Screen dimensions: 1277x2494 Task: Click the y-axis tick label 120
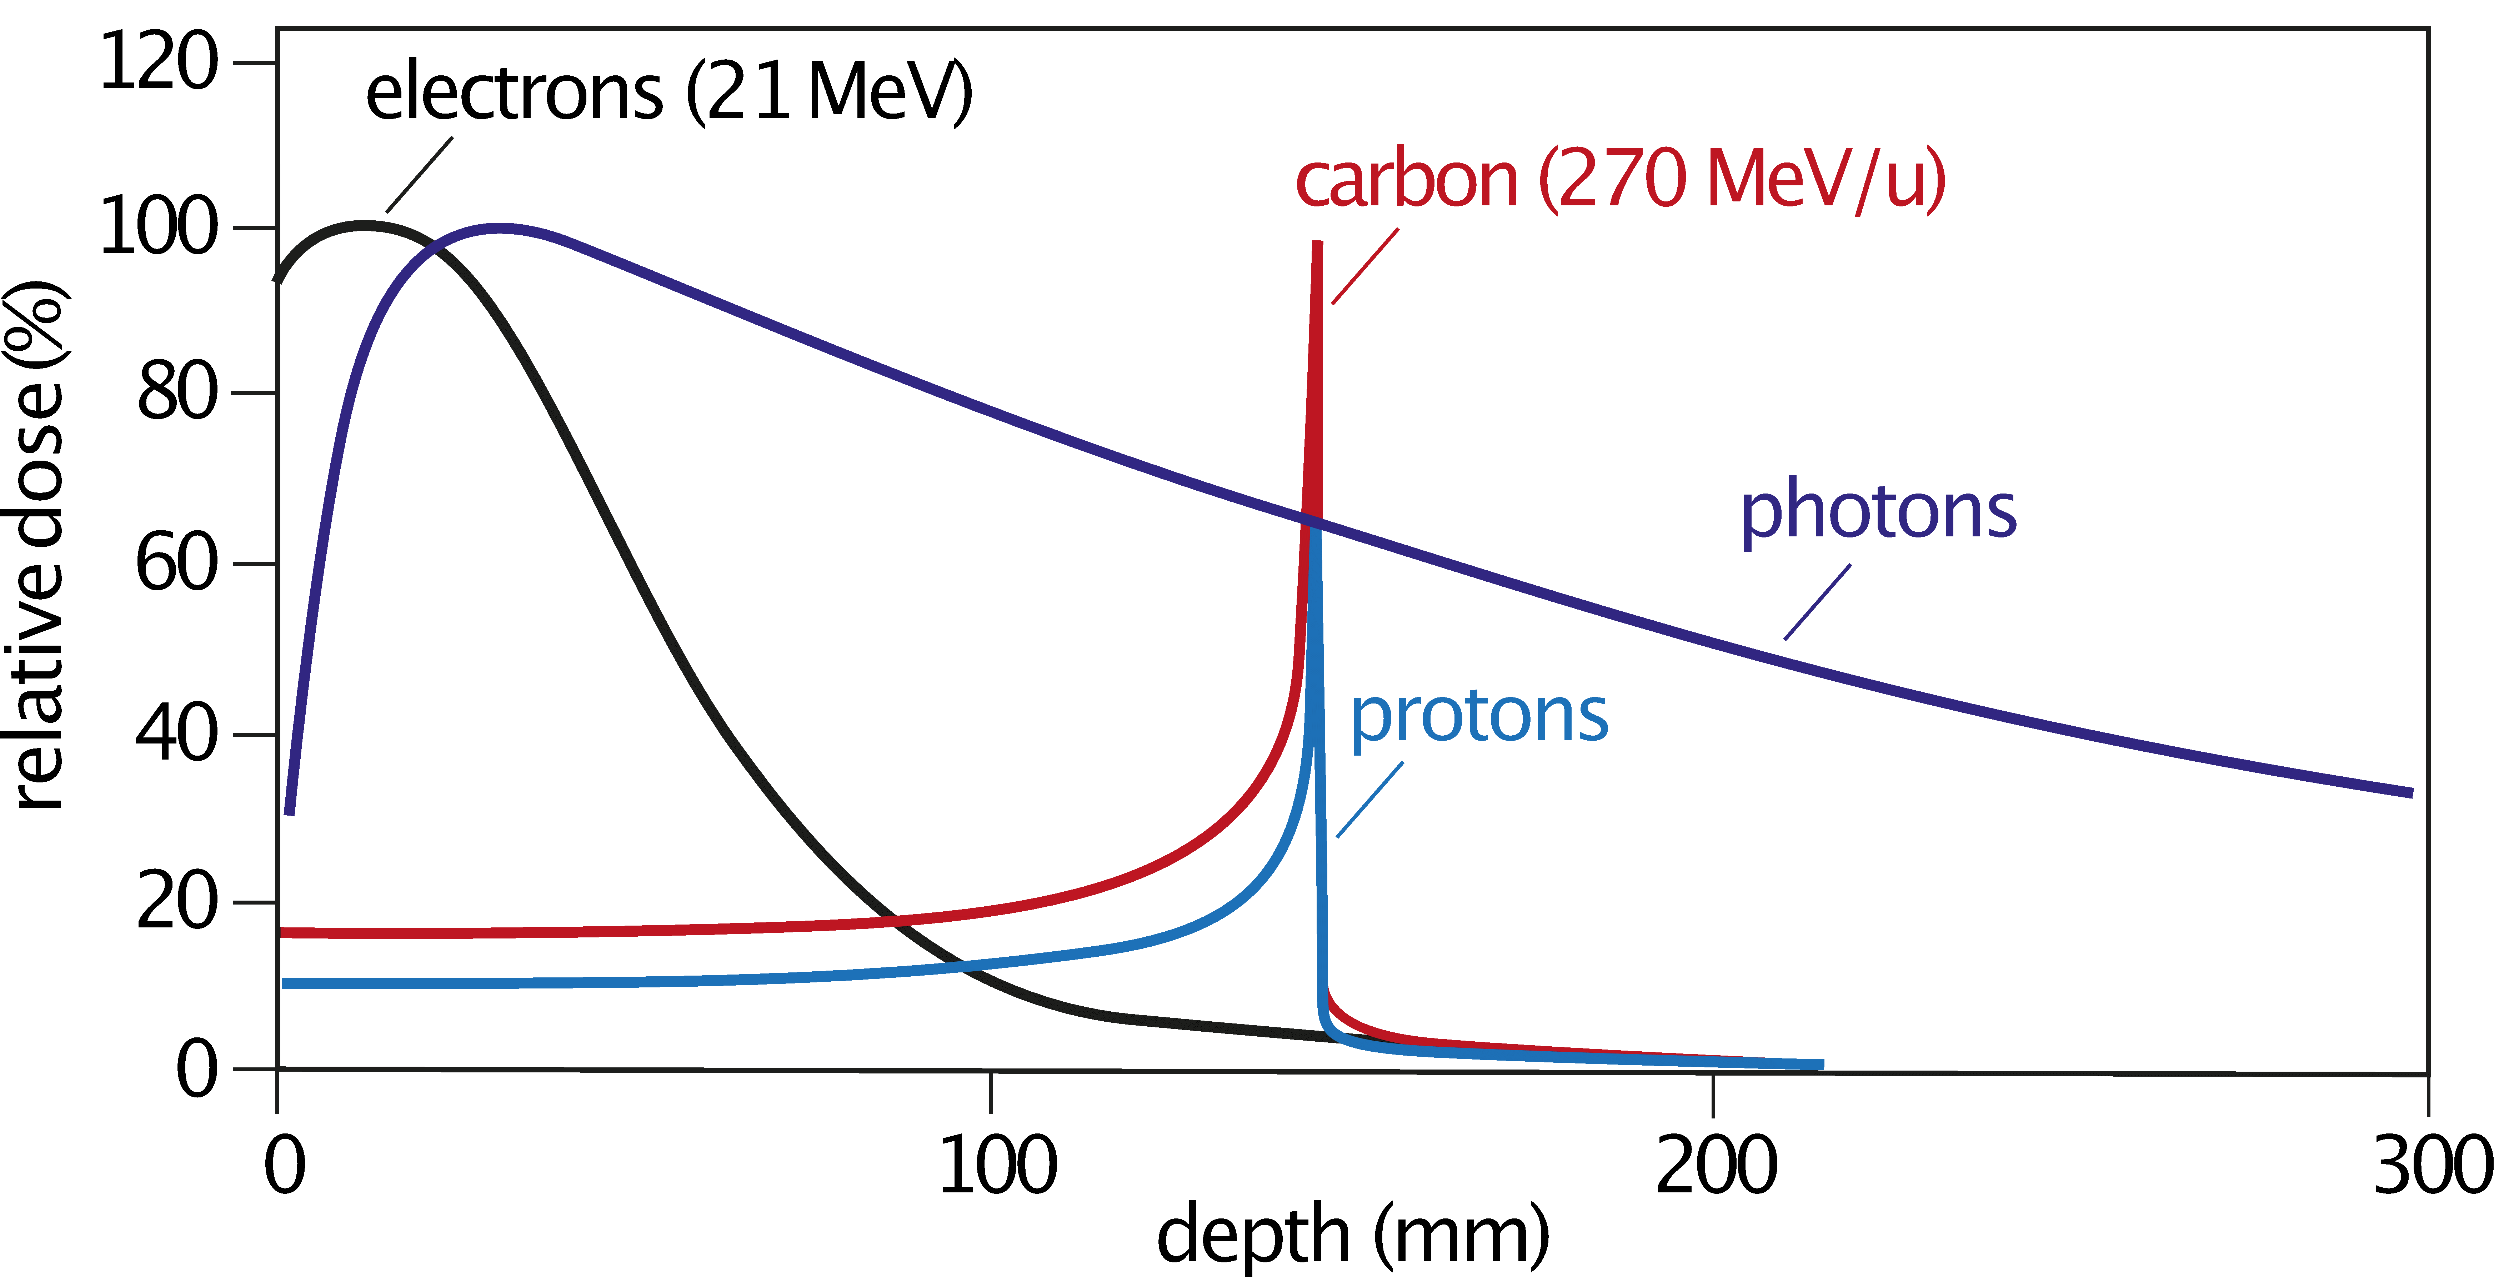pos(160,62)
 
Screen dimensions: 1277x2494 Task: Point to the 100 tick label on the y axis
pos(160,227)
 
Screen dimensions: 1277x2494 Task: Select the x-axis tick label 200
pos(1717,1165)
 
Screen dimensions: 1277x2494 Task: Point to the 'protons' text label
pos(1478,716)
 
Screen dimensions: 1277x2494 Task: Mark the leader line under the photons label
pos(1817,602)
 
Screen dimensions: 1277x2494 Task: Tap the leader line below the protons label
pos(1370,800)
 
